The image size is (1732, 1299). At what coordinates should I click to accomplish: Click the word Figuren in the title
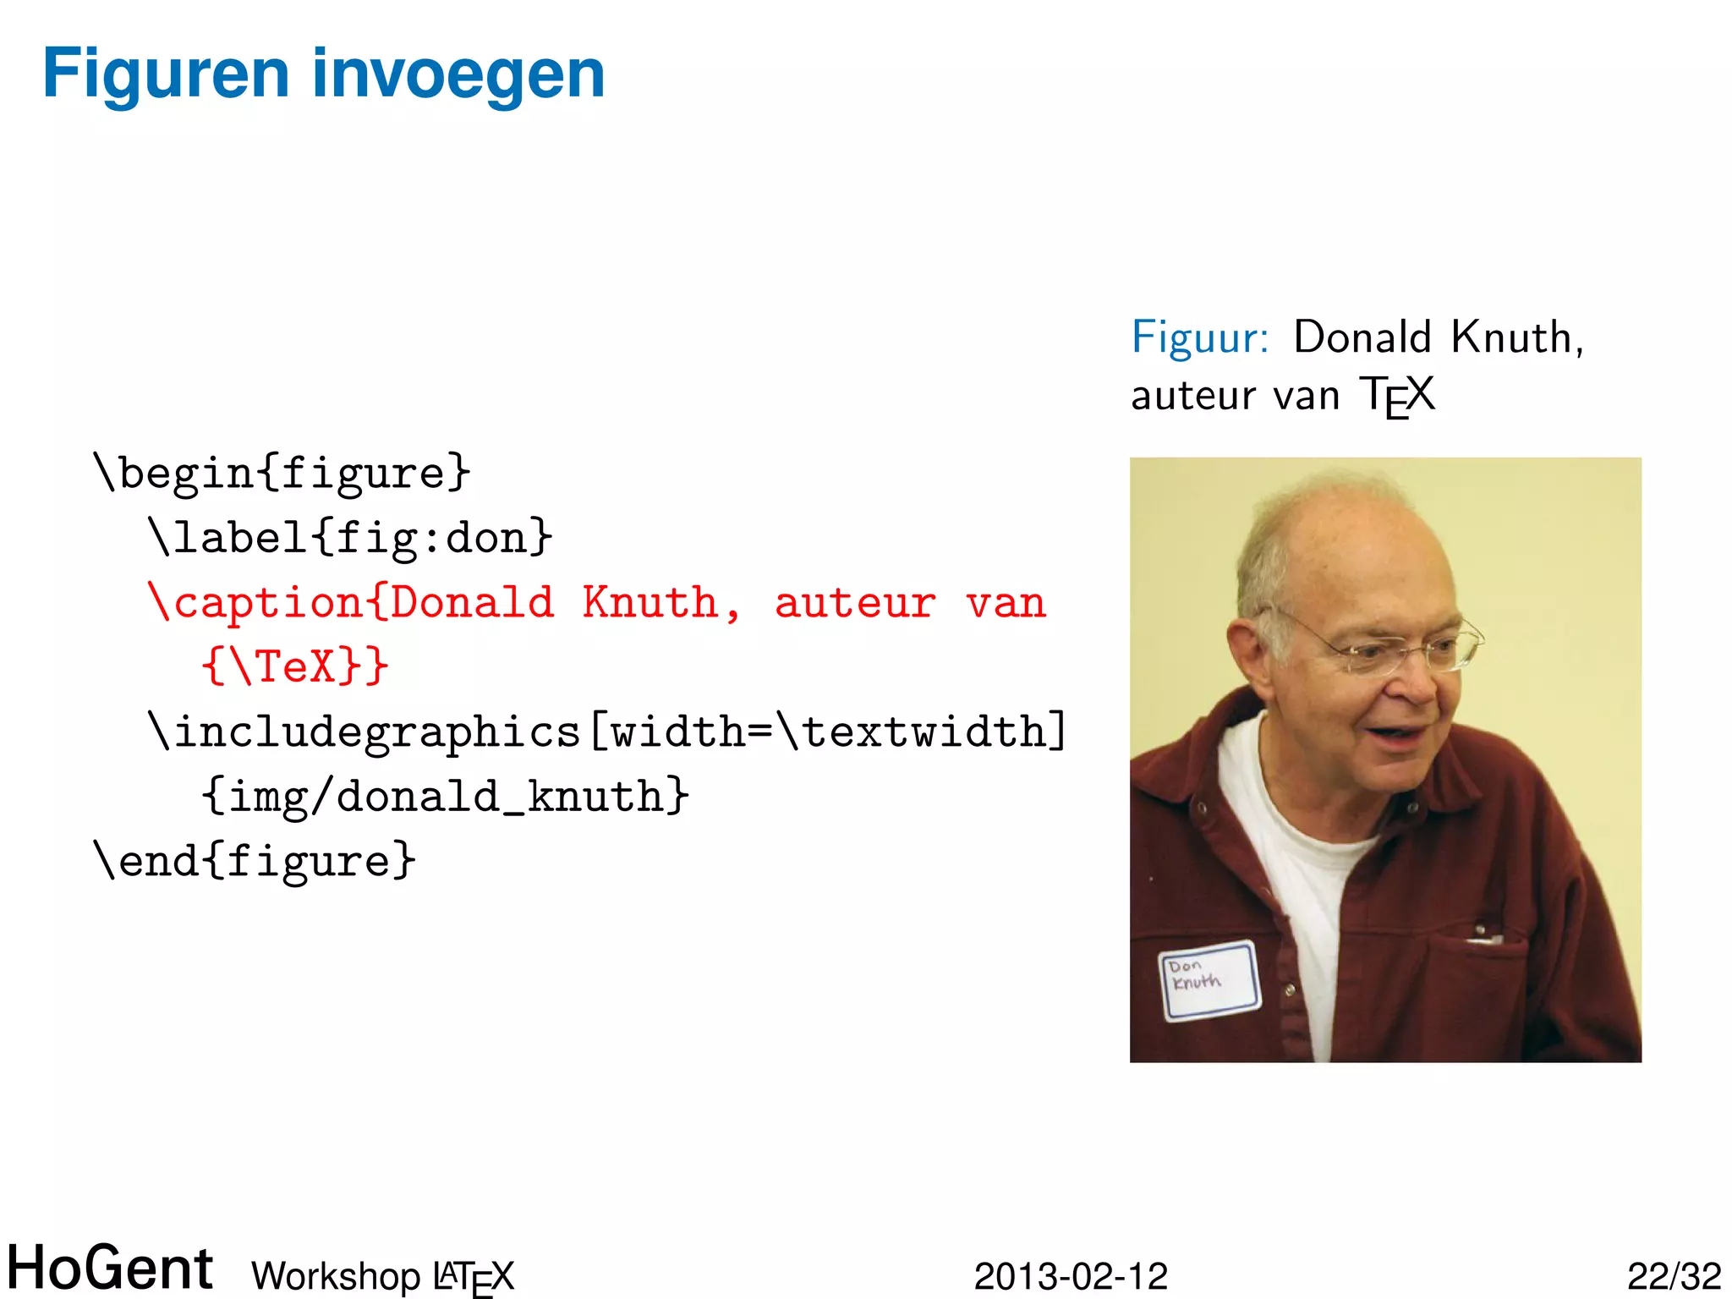166,74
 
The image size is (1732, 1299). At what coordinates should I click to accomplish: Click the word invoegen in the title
458,74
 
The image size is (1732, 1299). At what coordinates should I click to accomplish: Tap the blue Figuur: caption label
1200,337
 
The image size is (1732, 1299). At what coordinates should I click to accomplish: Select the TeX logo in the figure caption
1396,396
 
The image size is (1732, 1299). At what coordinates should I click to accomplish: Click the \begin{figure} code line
282,473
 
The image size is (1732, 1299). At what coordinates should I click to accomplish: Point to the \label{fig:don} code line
350,538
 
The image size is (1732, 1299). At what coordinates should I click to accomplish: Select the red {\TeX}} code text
295,666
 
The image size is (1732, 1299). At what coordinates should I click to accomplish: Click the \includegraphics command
364,732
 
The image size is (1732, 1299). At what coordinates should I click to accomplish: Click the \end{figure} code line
255,862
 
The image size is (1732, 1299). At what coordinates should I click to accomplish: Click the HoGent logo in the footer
110,1268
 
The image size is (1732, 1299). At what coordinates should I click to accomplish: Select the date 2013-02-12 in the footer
1071,1276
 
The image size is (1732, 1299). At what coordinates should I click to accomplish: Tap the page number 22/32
1674,1276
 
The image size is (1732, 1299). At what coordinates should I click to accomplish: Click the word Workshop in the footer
336,1276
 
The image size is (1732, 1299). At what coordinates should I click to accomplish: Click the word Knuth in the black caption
1510,337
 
